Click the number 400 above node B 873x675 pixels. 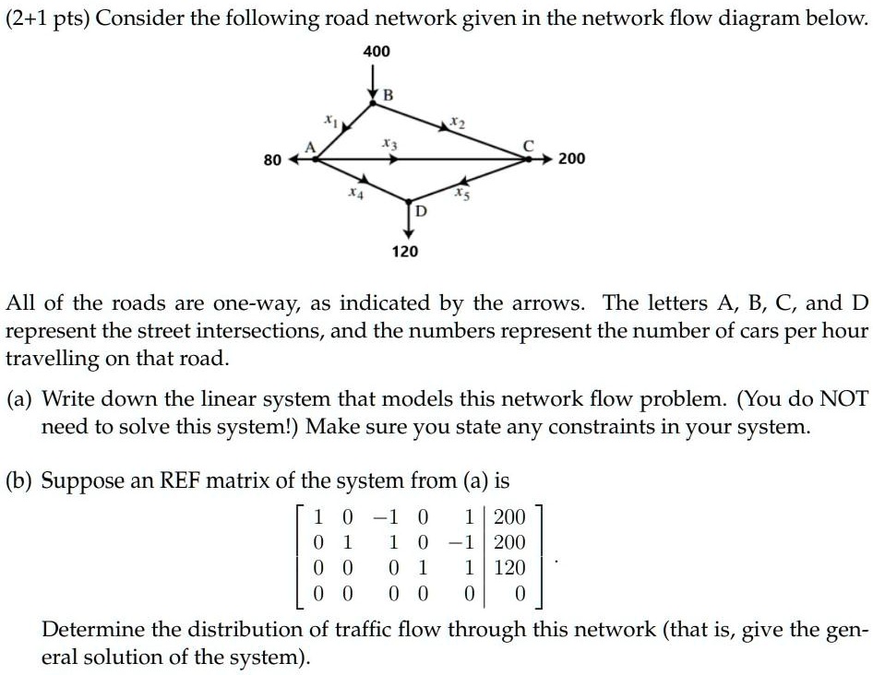[x=377, y=53]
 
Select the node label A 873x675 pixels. [x=309, y=148]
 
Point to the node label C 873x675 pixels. [x=528, y=145]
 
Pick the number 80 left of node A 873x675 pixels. [x=272, y=160]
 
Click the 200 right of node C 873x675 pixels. [x=571, y=160]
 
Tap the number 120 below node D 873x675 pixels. [x=405, y=251]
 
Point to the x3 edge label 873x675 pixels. [x=389, y=145]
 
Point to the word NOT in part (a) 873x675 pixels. [x=843, y=399]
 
